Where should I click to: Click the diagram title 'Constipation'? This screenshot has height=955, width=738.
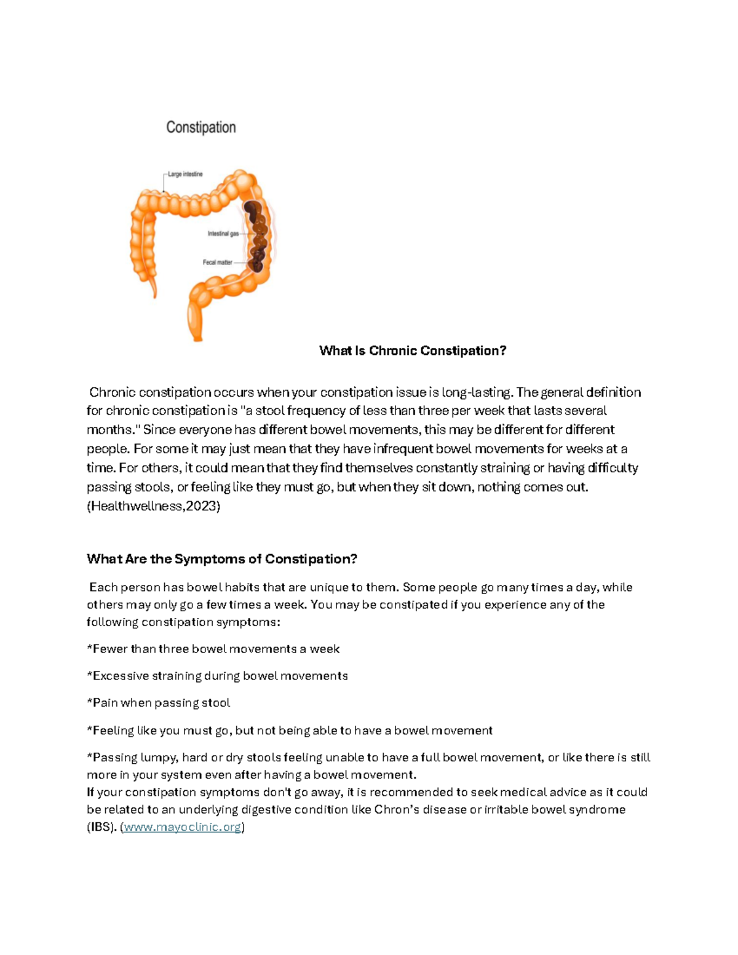[x=201, y=127]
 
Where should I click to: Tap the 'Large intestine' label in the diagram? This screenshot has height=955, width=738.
[x=185, y=174]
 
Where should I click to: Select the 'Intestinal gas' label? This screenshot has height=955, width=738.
[x=223, y=234]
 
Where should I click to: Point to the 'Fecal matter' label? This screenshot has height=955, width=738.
[x=218, y=263]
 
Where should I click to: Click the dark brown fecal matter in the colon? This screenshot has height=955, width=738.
[x=255, y=237]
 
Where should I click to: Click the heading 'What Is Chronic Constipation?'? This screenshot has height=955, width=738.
[x=412, y=351]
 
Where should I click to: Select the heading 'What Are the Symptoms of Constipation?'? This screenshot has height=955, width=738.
[x=222, y=559]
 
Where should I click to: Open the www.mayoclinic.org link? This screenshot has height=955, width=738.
[x=182, y=827]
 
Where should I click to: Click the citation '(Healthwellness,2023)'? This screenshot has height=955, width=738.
[x=153, y=506]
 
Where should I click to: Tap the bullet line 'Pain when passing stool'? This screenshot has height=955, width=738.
[x=159, y=703]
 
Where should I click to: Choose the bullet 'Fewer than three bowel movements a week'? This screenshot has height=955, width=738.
[x=213, y=649]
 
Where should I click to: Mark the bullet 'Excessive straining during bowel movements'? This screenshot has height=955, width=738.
[x=217, y=676]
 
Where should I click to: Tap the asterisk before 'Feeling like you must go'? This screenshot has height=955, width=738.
[x=89, y=730]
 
